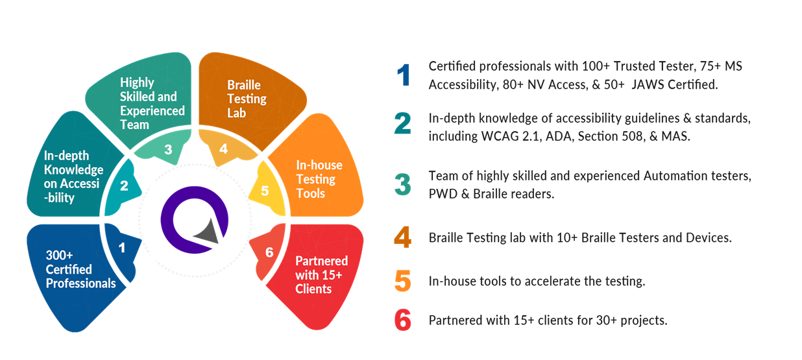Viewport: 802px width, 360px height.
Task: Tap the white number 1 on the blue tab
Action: (x=122, y=248)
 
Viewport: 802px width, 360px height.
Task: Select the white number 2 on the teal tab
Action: (x=124, y=186)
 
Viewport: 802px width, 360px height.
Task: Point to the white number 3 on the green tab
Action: (x=168, y=150)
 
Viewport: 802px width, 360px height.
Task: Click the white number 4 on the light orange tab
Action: (x=224, y=149)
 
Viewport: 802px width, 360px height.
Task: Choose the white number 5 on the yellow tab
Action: (x=265, y=191)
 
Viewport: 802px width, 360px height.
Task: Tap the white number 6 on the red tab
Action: (x=269, y=252)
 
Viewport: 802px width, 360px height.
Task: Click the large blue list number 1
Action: (x=404, y=75)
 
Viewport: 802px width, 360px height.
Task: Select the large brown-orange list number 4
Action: (x=403, y=237)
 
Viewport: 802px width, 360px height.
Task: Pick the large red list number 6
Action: (x=403, y=320)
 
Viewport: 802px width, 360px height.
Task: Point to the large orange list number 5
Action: (x=403, y=281)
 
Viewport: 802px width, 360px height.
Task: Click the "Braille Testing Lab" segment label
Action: (x=247, y=99)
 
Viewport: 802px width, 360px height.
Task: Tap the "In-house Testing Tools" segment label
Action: (x=319, y=179)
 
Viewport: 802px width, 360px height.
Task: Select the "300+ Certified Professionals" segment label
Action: (x=80, y=269)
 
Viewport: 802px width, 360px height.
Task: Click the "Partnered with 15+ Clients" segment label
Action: (x=322, y=275)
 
